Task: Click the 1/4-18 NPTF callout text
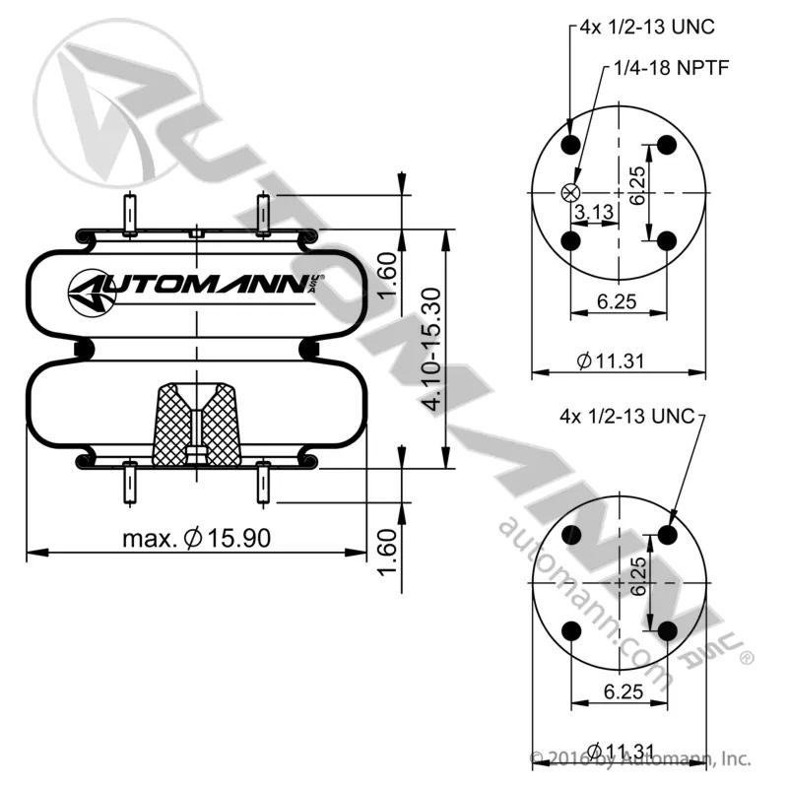tap(672, 67)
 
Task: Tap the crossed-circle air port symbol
tap(570, 192)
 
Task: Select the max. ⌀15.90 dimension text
tap(196, 538)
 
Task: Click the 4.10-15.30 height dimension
tap(430, 349)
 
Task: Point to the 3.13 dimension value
tap(595, 212)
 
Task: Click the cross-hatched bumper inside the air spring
tap(196, 426)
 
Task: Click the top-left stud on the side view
tap(130, 215)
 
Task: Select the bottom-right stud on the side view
tap(263, 483)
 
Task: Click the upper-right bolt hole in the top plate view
tap(667, 145)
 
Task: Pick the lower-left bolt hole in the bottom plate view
tap(571, 631)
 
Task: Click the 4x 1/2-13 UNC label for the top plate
tap(647, 28)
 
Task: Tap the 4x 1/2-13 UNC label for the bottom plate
tap(626, 416)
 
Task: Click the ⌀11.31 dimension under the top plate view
tap(610, 361)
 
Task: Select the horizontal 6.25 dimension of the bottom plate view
tap(624, 691)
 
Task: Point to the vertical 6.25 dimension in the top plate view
tap(637, 185)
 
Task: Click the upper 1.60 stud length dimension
tap(387, 276)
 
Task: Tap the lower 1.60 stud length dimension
tap(387, 552)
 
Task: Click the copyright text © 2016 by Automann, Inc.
tap(640, 758)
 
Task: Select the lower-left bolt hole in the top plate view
tap(570, 241)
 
